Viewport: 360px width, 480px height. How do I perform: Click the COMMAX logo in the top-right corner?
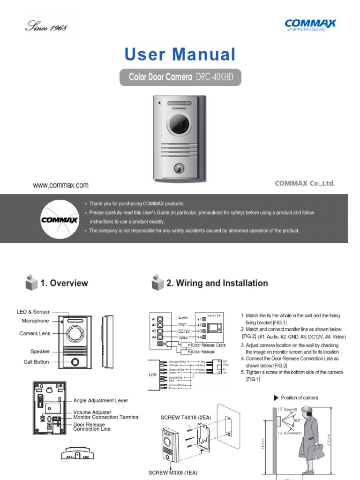(310, 24)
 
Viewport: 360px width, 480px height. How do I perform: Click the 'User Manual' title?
(180, 55)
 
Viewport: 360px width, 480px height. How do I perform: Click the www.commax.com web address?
(60, 185)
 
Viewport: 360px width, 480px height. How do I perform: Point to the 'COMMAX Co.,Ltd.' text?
(305, 183)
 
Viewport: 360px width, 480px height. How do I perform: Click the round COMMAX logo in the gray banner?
(56, 219)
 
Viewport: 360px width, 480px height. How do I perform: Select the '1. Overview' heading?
(64, 283)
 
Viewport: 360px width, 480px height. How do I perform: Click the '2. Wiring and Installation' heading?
(217, 283)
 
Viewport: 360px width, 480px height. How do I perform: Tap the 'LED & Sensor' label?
(33, 312)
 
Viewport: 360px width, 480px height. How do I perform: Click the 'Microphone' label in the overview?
(35, 321)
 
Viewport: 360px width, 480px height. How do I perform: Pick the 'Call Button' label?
(36, 362)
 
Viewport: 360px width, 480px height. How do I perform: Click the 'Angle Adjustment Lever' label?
(100, 401)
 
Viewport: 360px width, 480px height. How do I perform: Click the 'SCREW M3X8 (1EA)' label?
(173, 472)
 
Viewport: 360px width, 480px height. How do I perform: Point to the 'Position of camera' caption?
(299, 397)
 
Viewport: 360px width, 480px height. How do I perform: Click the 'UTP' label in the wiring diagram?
(153, 375)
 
